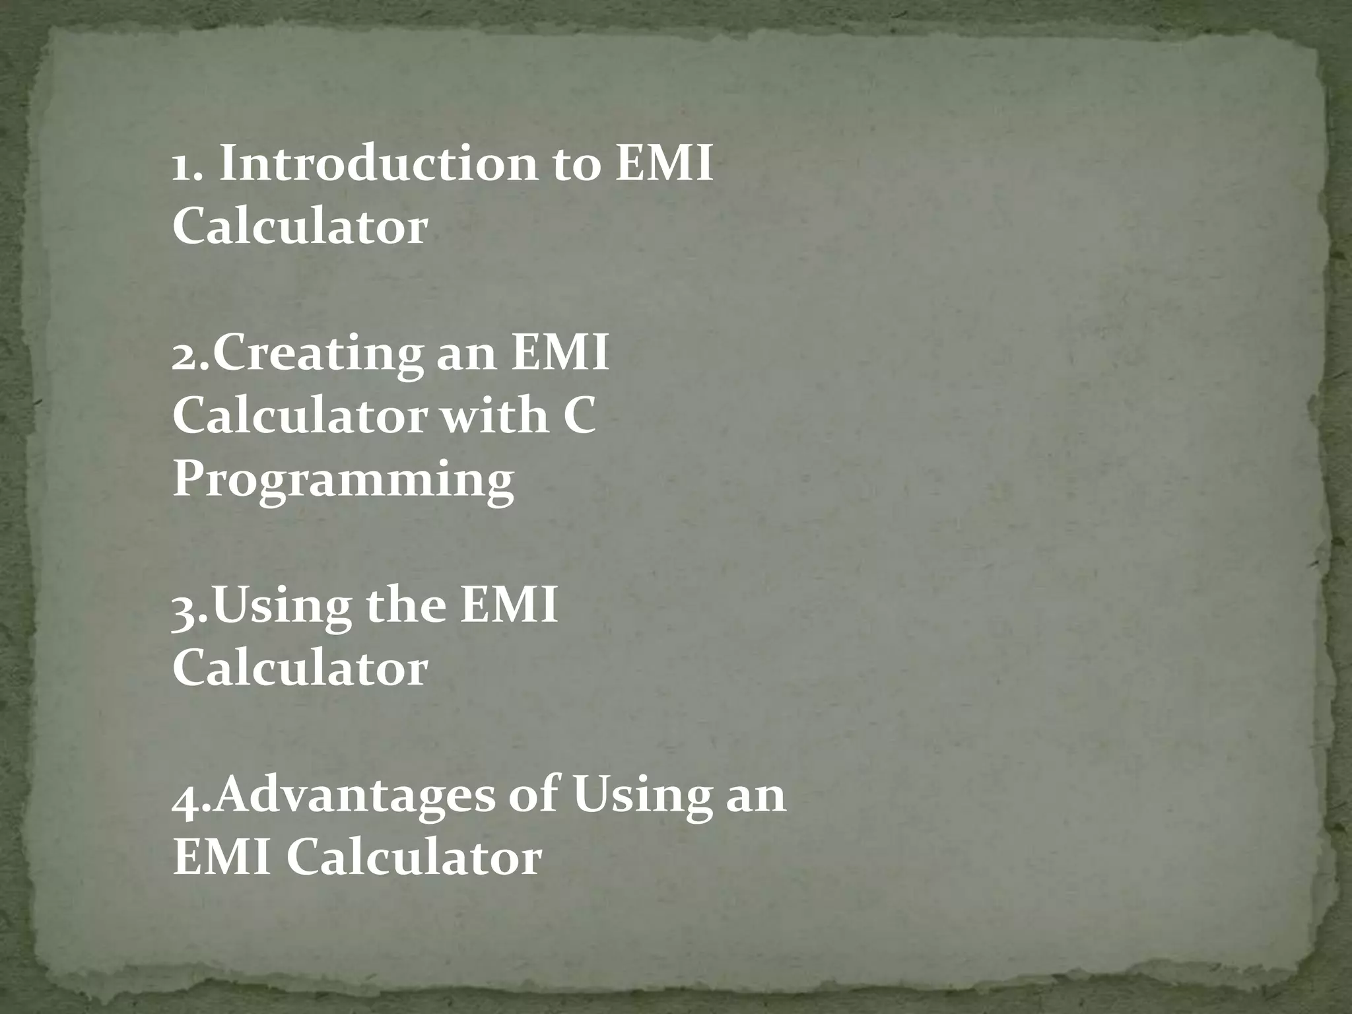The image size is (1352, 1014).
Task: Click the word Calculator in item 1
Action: click(x=300, y=226)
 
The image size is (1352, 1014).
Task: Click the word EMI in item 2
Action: click(x=560, y=353)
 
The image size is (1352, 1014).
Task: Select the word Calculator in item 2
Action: click(x=300, y=417)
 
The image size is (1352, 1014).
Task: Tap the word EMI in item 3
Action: click(x=509, y=606)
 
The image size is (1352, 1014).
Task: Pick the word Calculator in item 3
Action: click(x=300, y=669)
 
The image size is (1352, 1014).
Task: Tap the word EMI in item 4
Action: click(x=222, y=858)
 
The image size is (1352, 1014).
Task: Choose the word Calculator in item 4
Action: click(x=414, y=858)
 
